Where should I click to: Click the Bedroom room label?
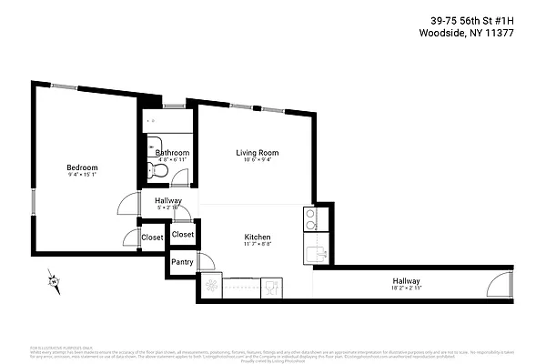[x=82, y=167]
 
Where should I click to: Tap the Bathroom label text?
[x=172, y=152]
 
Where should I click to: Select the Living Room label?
[x=258, y=152]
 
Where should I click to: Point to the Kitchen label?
[x=258, y=238]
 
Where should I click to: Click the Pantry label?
[x=183, y=263]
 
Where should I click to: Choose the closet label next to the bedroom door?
[x=152, y=238]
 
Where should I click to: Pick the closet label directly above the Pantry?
[x=183, y=234]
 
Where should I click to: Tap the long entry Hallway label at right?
[x=406, y=280]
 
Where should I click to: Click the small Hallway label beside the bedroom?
[x=168, y=201]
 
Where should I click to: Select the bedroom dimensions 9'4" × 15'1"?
[x=82, y=177]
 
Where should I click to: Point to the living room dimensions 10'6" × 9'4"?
[x=258, y=161]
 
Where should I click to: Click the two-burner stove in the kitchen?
[x=309, y=218]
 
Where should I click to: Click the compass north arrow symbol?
[x=54, y=282]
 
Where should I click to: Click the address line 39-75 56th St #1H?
[x=487, y=20]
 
